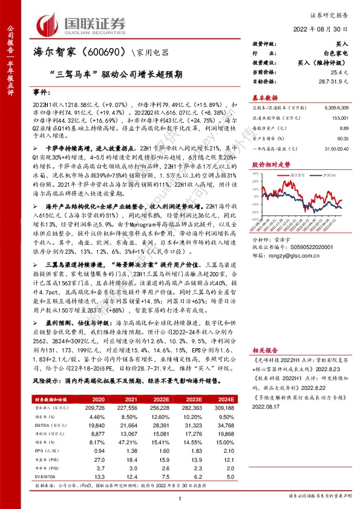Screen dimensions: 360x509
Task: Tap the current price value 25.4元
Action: [x=339, y=72]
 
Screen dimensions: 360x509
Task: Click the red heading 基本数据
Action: [x=264, y=98]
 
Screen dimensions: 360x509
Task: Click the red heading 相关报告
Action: [x=264, y=351]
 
